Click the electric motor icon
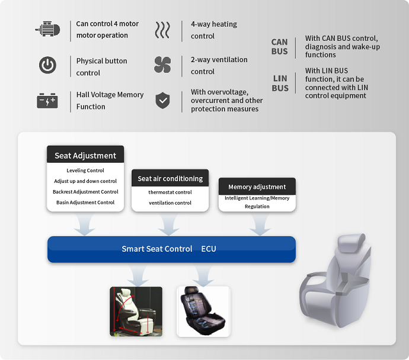pos(48,28)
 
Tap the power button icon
pos(47,65)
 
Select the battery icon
pos(47,101)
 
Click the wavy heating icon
pos(162,30)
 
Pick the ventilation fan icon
pos(162,65)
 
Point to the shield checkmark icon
pos(163,100)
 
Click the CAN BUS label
pos(279,47)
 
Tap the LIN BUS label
pos(280,83)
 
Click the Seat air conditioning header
pos(170,178)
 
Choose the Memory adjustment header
pos(257,187)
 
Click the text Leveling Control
pos(85,171)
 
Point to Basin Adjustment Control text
pos(85,202)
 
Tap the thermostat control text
pos(170,192)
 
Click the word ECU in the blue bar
pos(209,249)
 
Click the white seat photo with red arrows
pos(136,311)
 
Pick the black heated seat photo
pos(203,311)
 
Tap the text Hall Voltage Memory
pos(110,95)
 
